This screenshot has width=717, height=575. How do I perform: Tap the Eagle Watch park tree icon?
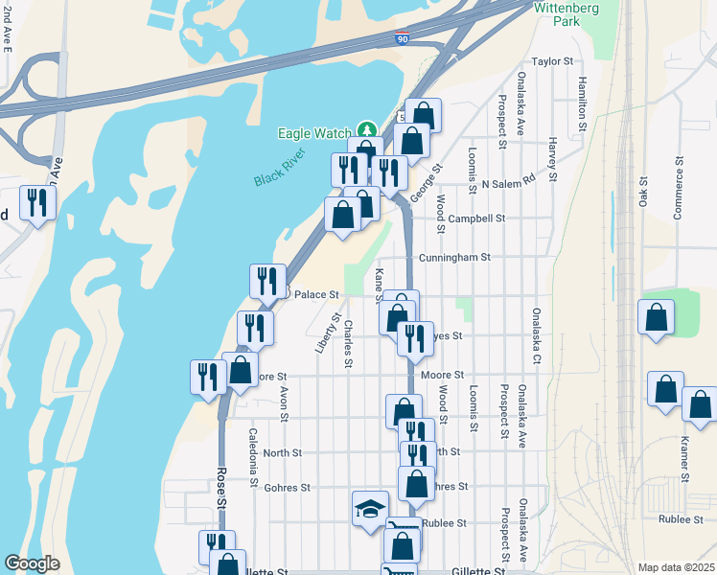365,130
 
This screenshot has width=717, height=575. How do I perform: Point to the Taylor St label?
551,60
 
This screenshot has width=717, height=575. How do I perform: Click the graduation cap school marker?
370,508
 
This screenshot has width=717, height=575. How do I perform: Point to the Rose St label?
221,488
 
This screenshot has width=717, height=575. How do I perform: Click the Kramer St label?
685,459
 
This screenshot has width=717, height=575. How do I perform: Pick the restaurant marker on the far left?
37,202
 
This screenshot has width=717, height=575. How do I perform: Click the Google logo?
32,563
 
